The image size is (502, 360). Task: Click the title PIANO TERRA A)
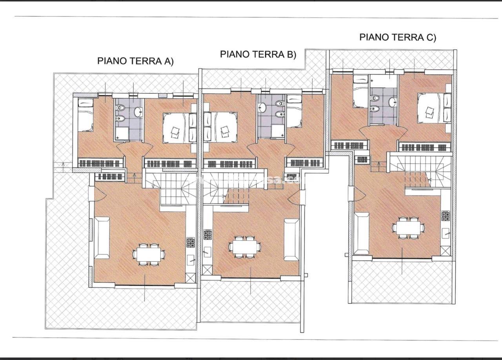[x=135, y=61]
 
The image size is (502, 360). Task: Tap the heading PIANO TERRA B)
[x=258, y=54]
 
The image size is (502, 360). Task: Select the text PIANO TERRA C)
[x=398, y=37]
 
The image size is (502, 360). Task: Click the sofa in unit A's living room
[x=102, y=237]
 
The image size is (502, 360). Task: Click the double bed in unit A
[x=176, y=128]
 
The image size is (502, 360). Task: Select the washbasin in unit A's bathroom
[x=138, y=112]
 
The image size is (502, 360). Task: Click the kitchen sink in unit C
[x=446, y=234]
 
